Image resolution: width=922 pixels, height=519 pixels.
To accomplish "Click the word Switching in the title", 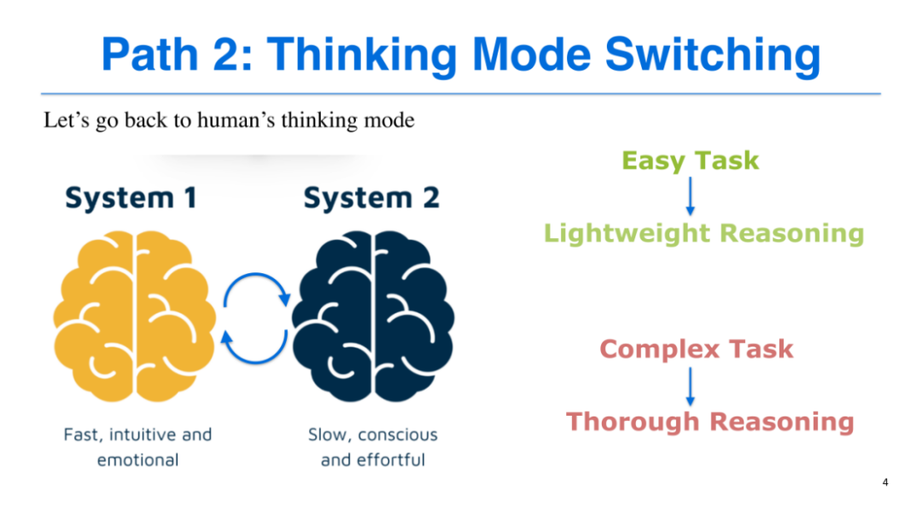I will pos(712,54).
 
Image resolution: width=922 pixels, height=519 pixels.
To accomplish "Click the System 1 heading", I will pos(131,198).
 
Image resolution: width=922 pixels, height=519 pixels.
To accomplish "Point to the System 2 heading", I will pos(371,198).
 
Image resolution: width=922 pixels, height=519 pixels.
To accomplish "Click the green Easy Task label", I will pos(690,160).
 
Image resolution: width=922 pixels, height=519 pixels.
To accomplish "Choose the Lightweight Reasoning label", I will pos(703,233).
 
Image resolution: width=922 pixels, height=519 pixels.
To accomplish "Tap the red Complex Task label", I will pos(697,349).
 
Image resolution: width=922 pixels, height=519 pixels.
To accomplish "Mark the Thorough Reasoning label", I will pos(709,422).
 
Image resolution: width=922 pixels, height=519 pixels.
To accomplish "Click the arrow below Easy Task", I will pos(691,196).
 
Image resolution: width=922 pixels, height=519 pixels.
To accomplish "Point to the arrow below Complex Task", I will pos(691,386).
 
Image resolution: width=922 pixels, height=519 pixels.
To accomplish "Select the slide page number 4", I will pos(885,483).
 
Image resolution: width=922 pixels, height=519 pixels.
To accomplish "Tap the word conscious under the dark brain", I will pos(398,434).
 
